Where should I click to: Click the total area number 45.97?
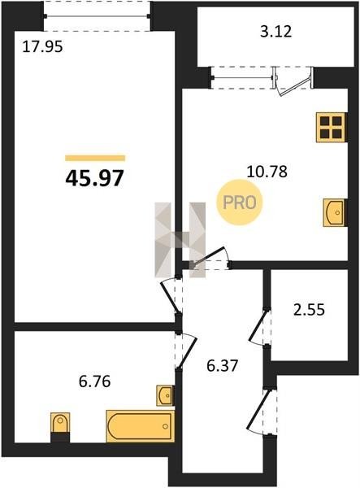point(94,179)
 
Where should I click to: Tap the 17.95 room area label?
point(42,47)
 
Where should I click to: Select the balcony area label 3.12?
point(275,32)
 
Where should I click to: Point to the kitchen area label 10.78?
point(267,172)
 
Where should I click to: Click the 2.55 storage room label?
point(309,310)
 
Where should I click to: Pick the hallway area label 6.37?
point(223,365)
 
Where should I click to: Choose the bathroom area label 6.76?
point(94,381)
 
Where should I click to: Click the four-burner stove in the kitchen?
point(332,128)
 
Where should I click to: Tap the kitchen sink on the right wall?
point(335,212)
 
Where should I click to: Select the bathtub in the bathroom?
point(141,426)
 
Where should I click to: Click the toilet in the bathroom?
point(60,427)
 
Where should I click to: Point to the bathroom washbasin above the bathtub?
point(166,395)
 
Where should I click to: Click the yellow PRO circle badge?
point(240,203)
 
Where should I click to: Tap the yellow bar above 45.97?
point(95,158)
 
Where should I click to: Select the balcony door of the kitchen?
point(293,81)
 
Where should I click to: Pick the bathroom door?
point(186,351)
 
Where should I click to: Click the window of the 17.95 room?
point(97,16)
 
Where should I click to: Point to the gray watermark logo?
point(180,240)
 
